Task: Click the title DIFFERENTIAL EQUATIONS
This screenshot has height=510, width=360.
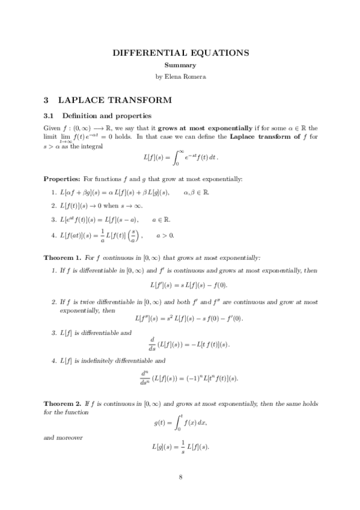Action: click(x=180, y=53)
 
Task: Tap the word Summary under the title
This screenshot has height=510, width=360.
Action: click(x=180, y=65)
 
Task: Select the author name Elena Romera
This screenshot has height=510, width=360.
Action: click(x=190, y=76)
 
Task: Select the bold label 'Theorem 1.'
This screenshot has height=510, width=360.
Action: click(x=63, y=257)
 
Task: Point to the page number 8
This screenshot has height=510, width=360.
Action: click(x=180, y=478)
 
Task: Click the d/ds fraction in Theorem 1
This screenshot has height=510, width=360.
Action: click(x=136, y=343)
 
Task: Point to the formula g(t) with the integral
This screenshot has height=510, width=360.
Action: click(x=180, y=423)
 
